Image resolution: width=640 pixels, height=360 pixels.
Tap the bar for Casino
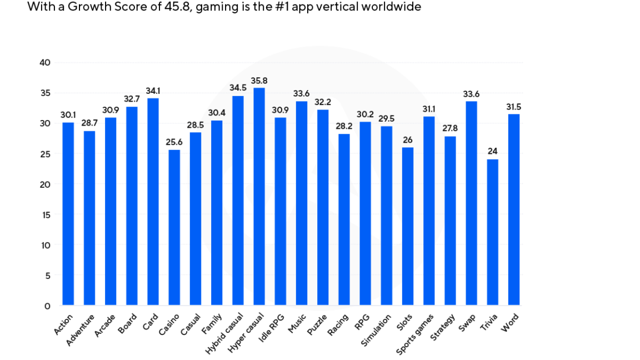174,227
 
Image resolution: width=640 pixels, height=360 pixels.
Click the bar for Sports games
428,211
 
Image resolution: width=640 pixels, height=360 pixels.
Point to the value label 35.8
259,81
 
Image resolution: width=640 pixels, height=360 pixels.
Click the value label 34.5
238,88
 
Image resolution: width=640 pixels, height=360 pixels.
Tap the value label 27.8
449,129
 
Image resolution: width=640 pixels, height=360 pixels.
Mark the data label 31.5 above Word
513,107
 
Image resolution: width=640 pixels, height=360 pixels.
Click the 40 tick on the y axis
45,63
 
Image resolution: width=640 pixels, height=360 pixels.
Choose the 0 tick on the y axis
47,306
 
